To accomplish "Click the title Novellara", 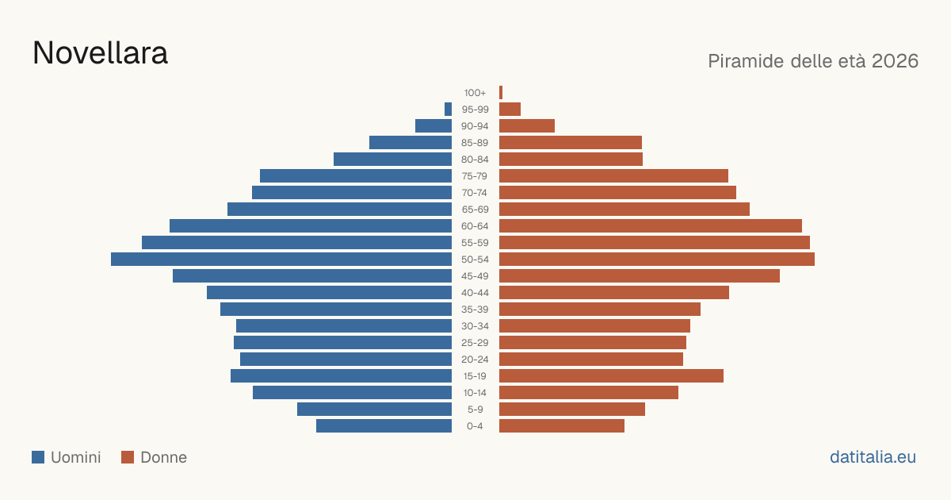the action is click(x=100, y=53).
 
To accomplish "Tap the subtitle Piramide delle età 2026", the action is click(x=813, y=61).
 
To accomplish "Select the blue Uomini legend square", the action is click(x=38, y=457).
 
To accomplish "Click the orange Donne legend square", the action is click(x=128, y=457).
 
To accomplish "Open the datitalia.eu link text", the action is click(x=873, y=457).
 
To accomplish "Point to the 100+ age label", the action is click(x=475, y=93).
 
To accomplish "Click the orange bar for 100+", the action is click(x=501, y=93).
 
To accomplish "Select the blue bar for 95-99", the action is click(x=448, y=110).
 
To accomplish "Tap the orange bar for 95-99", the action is click(x=510, y=110).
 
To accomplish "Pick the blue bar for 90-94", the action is click(x=433, y=126).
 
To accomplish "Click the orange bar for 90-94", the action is click(x=527, y=126).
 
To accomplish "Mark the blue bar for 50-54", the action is click(x=281, y=260).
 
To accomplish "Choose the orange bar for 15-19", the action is click(x=611, y=376).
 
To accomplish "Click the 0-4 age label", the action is click(x=475, y=426).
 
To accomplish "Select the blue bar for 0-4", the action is click(x=384, y=426).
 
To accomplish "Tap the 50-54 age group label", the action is click(x=475, y=260).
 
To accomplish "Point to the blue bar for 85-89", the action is click(x=411, y=142).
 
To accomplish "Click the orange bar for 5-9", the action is click(x=572, y=410).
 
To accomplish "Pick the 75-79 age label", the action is click(x=475, y=176).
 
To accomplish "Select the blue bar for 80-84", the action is click(x=393, y=159).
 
